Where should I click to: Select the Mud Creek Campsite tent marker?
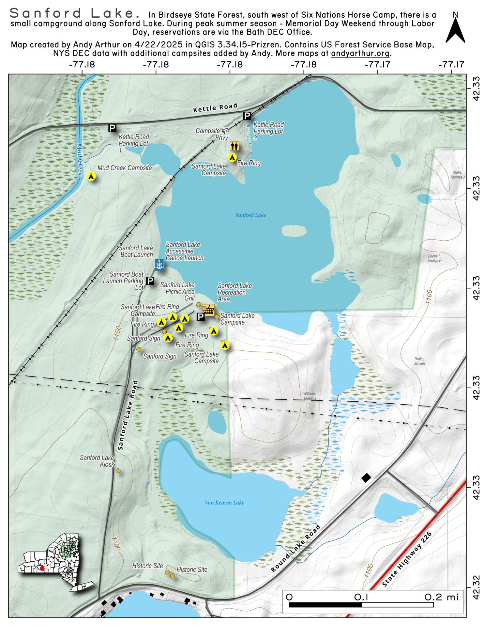tap(92, 177)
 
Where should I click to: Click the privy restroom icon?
tap(234, 146)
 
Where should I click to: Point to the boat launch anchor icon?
tap(159, 265)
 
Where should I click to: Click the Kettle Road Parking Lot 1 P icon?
tap(112, 128)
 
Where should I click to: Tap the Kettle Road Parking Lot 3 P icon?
tap(247, 116)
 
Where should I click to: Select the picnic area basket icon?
tap(209, 310)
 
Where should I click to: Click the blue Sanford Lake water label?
tap(250, 215)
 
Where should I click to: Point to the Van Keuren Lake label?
tap(224, 503)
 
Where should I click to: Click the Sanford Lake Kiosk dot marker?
tap(118, 471)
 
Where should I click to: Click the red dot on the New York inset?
tap(42, 568)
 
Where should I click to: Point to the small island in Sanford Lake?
tap(294, 231)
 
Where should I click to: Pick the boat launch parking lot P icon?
tap(150, 281)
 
